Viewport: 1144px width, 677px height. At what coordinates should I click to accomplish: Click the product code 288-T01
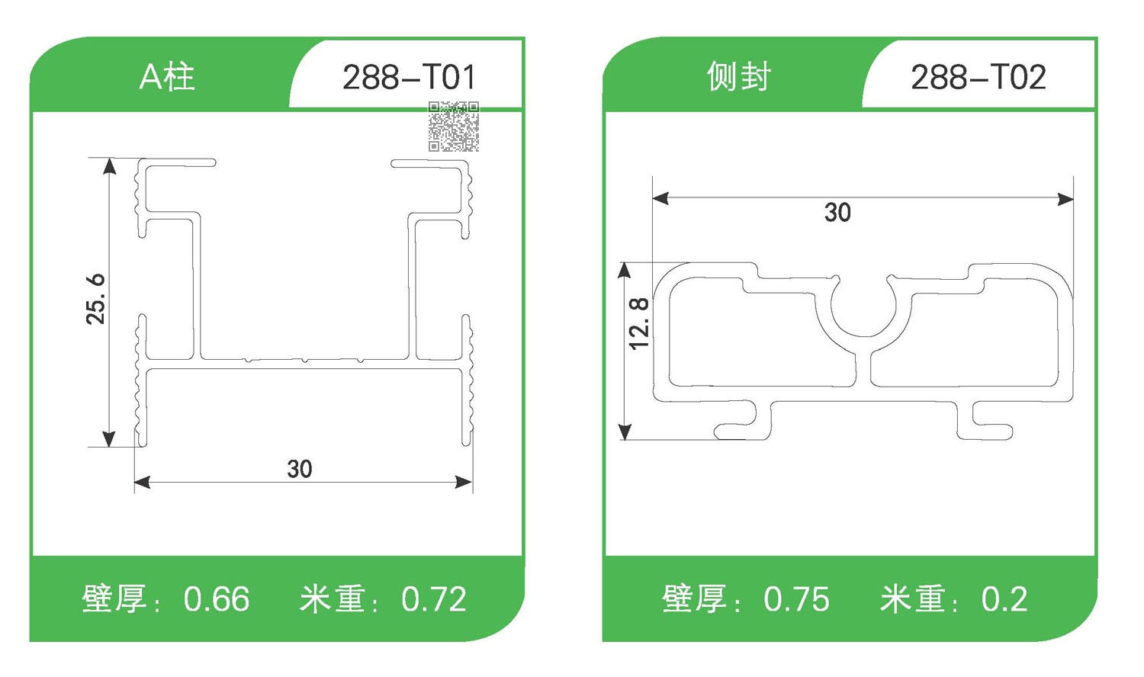pos(409,77)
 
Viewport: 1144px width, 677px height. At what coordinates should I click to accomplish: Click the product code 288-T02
pos(979,77)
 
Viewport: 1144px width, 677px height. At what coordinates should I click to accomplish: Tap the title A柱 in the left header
pos(167,77)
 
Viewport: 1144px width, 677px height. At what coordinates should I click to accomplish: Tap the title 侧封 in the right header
pos(738,77)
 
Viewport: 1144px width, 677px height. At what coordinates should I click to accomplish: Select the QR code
pos(453,127)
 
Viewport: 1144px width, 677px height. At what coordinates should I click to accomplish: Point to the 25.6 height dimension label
pos(96,299)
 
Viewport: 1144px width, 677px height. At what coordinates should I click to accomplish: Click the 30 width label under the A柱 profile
pos(300,469)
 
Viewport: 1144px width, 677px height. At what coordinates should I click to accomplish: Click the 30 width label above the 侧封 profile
pos(837,212)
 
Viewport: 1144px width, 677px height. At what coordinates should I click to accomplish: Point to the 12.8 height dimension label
pos(639,323)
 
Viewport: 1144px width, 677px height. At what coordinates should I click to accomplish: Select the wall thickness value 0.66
pos(217,599)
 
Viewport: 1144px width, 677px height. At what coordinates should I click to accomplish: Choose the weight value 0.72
pos(434,599)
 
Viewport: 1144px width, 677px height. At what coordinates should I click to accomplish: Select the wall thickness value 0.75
pos(796,599)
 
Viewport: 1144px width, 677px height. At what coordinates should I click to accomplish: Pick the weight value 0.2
pos(1004,599)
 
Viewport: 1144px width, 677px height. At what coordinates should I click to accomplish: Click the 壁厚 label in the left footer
pos(114,599)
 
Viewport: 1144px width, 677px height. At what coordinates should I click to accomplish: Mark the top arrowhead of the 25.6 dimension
pos(110,166)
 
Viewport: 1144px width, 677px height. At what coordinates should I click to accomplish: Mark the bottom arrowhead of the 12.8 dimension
pos(625,432)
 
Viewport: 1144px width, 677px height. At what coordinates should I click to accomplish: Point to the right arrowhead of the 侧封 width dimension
pos(1065,199)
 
